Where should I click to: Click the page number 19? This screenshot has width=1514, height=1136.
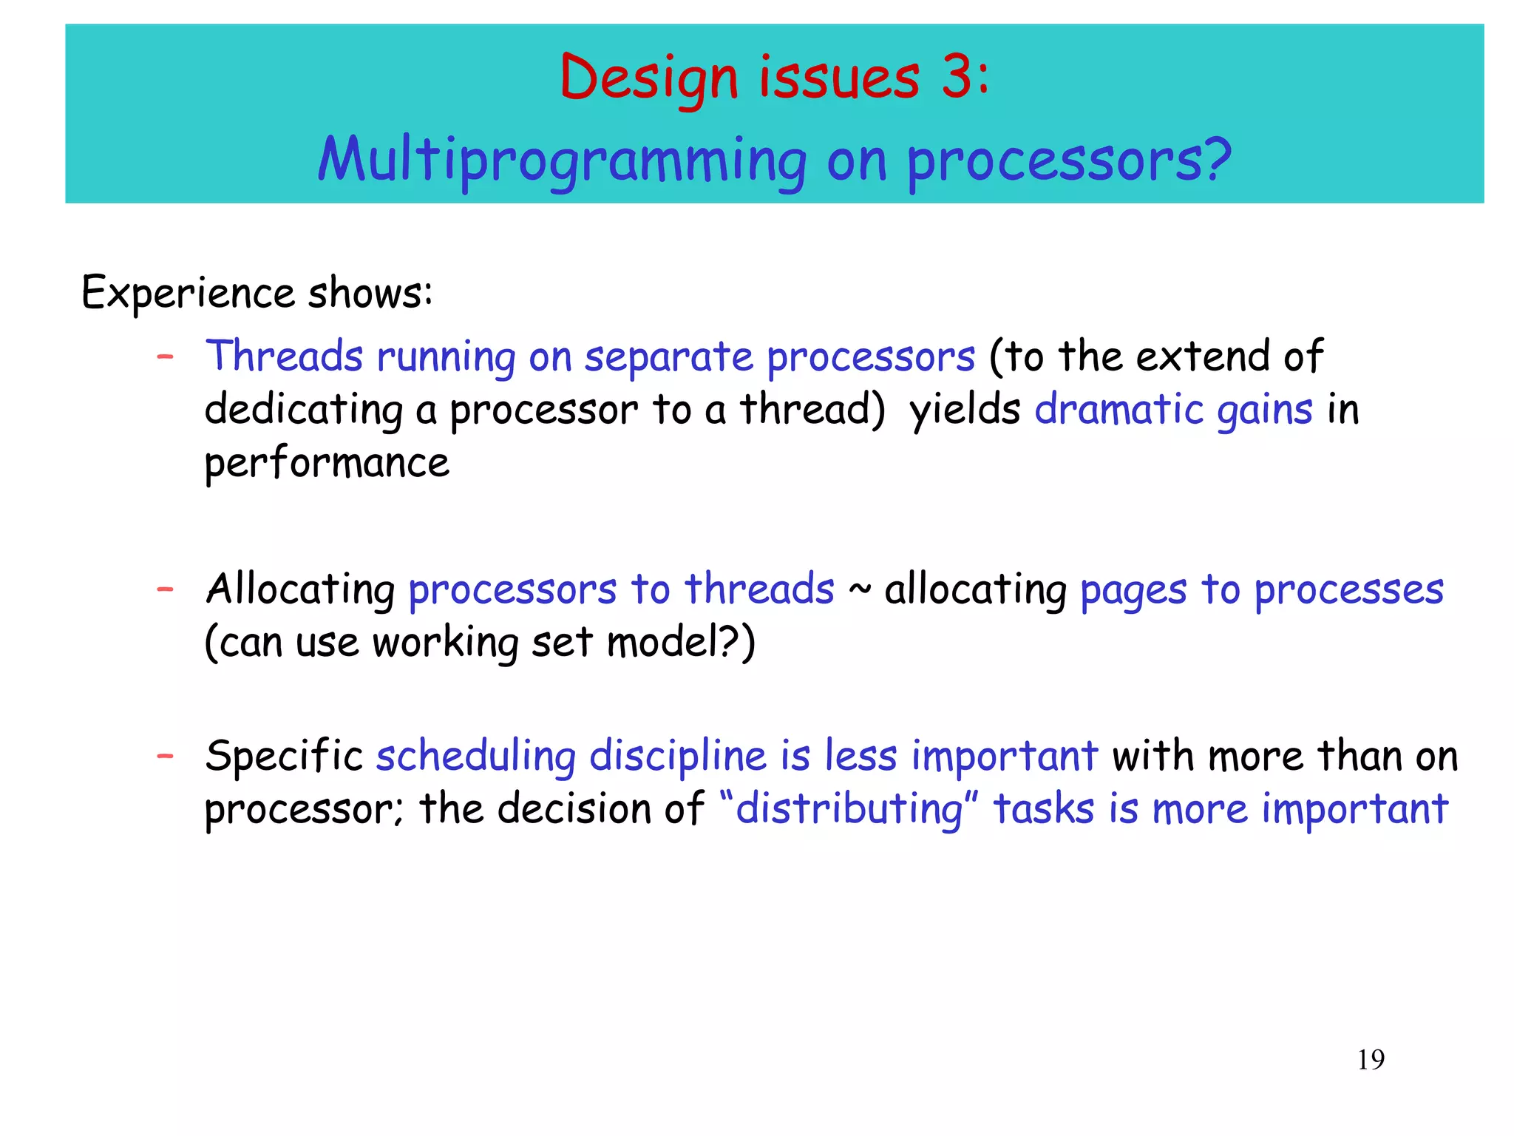coord(1371,1059)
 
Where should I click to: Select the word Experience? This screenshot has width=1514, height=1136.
coord(188,293)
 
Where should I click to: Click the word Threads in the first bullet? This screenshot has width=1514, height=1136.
coord(284,356)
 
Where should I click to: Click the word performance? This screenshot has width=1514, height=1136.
coord(327,464)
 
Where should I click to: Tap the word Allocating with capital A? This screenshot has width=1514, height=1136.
coord(300,590)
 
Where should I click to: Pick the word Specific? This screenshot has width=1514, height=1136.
coord(284,757)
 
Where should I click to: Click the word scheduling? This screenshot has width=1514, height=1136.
coord(475,757)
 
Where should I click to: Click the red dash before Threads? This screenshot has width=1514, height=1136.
coord(166,357)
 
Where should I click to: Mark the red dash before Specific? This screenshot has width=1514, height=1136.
coord(166,756)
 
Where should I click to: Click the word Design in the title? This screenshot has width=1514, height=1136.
coord(649,78)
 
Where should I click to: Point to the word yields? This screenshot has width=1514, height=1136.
coord(965,410)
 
